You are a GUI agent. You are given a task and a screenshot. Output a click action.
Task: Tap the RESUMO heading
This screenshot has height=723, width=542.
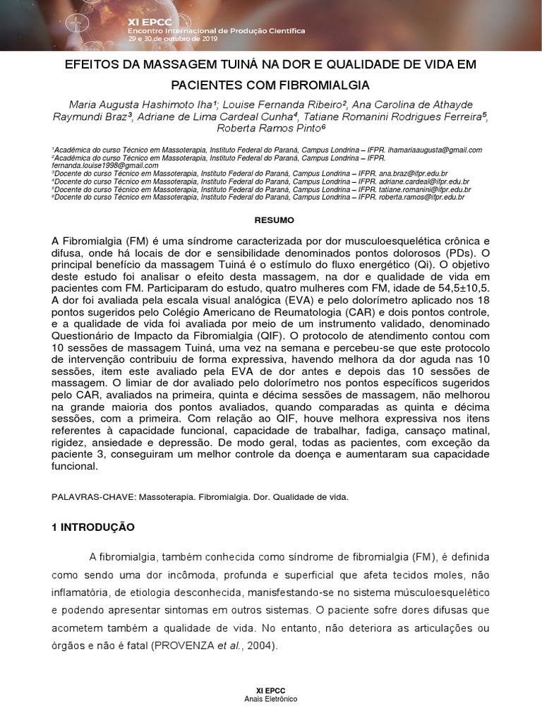[270, 220]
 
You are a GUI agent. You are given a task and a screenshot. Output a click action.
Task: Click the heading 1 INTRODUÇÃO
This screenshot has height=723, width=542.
[99, 527]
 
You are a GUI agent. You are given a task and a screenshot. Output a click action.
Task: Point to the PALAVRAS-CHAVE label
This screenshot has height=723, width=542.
[93, 497]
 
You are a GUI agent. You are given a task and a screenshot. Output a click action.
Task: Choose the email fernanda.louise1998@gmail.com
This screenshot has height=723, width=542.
[98, 165]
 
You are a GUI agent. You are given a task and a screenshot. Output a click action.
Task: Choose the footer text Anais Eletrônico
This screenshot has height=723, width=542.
[270, 699]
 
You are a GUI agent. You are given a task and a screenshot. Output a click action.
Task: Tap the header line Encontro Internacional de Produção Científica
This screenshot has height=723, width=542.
[216, 31]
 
